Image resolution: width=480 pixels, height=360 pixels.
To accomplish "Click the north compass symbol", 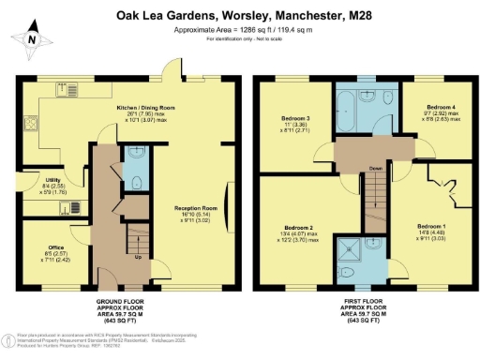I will (32, 40).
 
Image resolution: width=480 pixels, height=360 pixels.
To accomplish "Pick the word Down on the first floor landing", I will (374, 169).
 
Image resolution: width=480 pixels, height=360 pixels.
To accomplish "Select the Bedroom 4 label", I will (440, 108).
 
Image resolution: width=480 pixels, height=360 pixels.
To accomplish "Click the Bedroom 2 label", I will (298, 230).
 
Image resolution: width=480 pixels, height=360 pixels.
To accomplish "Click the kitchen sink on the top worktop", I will (67, 92).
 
